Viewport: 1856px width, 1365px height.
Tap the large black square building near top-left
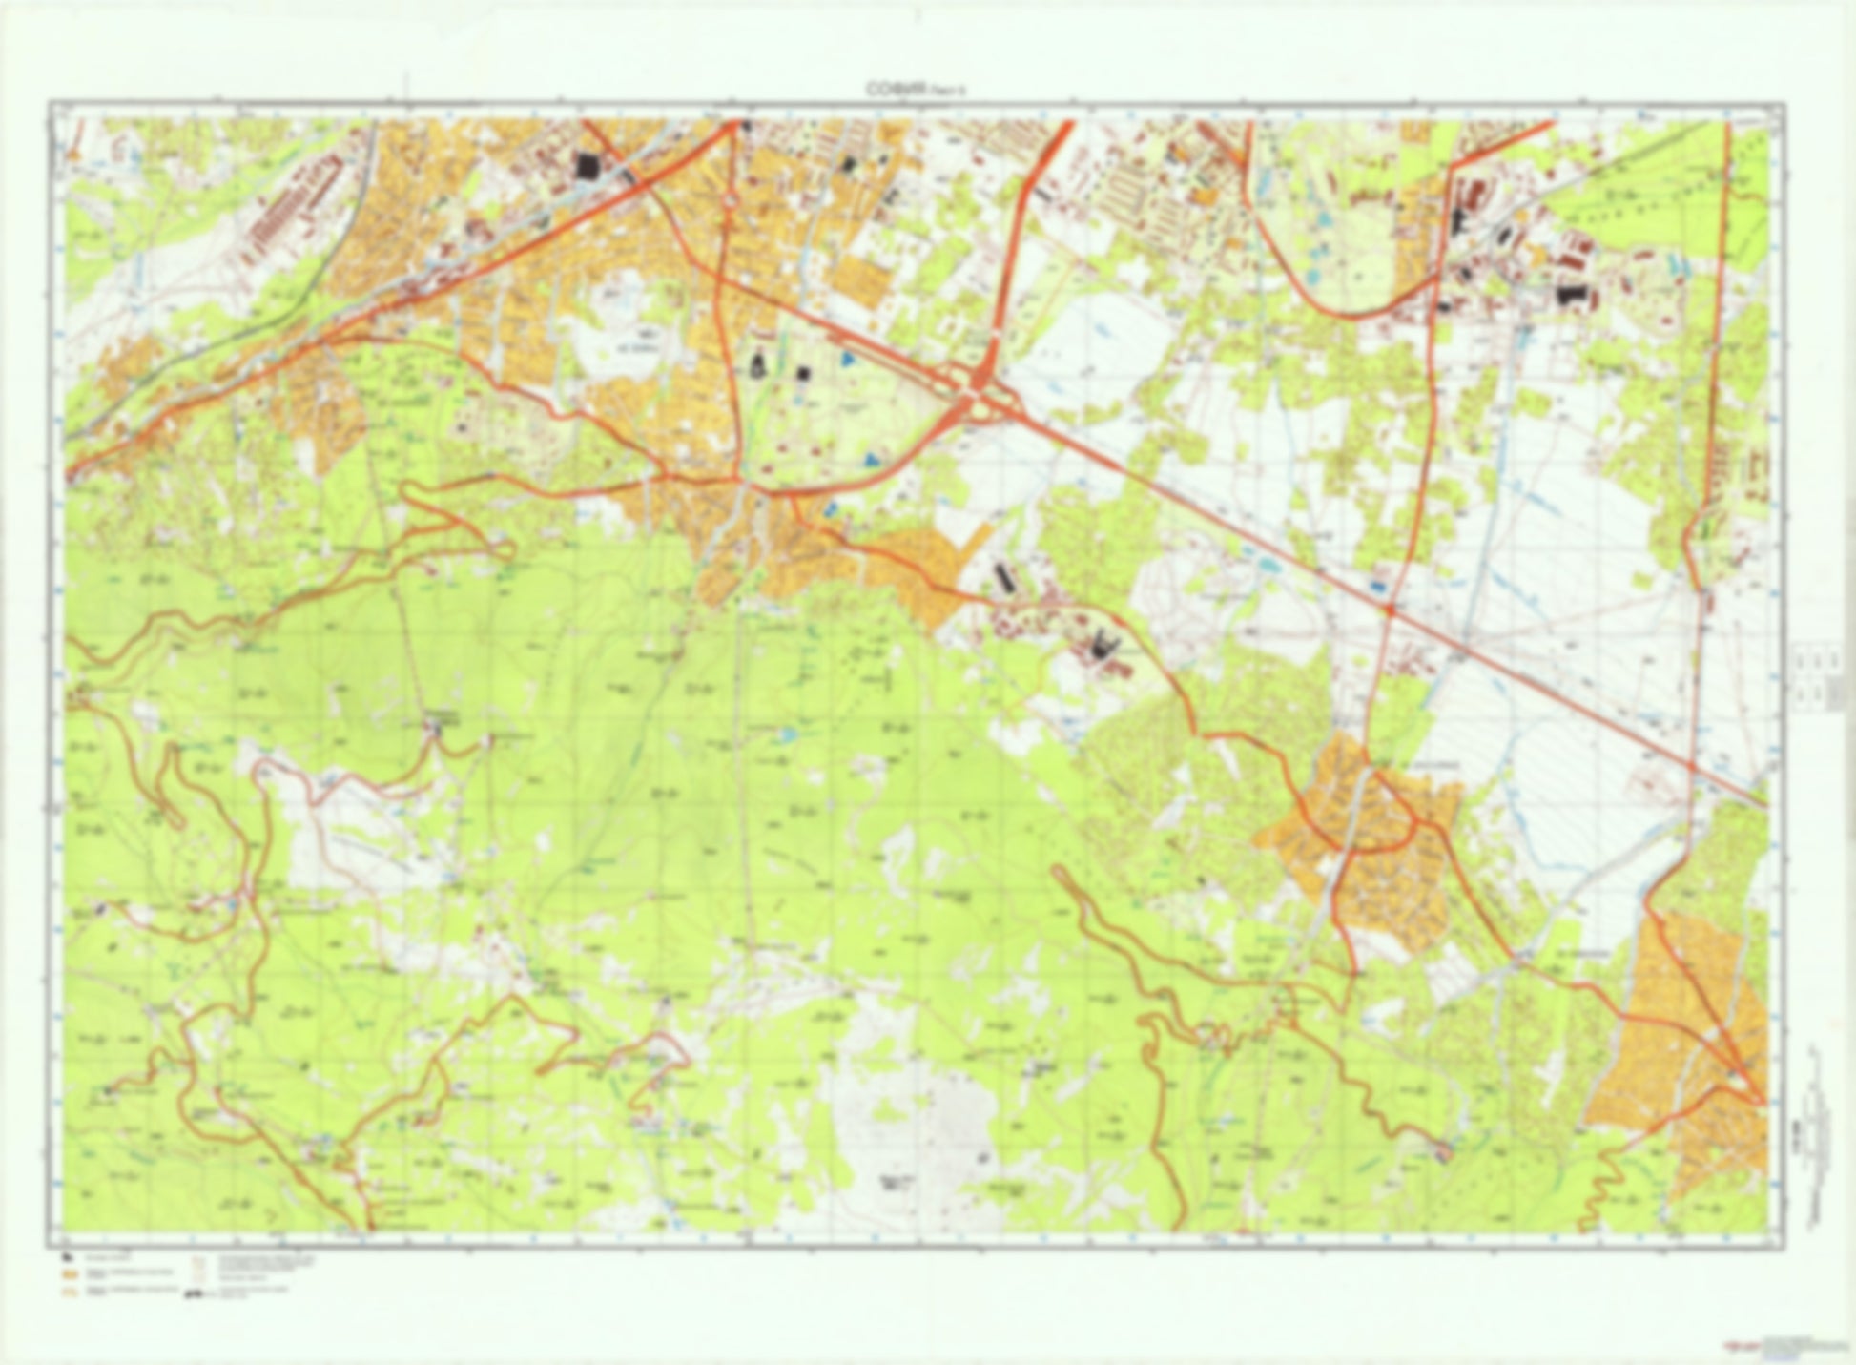[x=587, y=167]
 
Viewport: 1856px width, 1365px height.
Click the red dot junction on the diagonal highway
[x=1390, y=608]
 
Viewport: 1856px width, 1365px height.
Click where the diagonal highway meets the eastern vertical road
[x=1691, y=765]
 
